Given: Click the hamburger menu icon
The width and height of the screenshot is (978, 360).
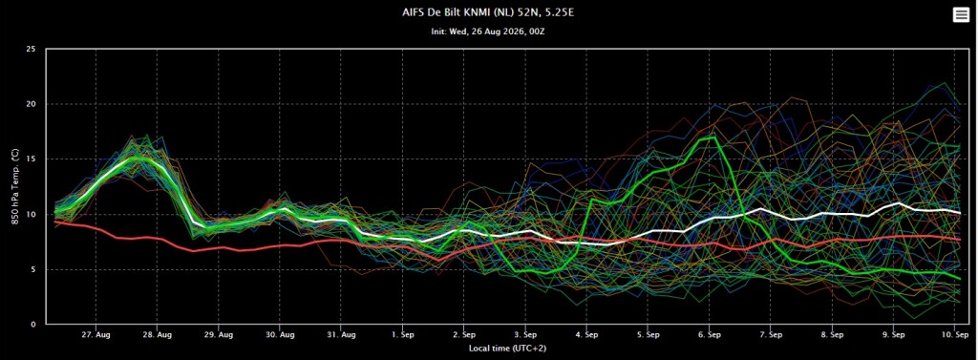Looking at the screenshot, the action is (x=961, y=15).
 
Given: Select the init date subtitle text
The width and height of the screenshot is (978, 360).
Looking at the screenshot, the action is (x=488, y=32).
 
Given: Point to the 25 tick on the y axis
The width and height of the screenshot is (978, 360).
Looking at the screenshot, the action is (x=32, y=50).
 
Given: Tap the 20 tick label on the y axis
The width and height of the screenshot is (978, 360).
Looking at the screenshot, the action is (x=32, y=104).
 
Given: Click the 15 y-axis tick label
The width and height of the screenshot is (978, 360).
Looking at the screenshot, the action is (x=32, y=159).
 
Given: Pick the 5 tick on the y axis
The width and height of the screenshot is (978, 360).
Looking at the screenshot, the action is (x=33, y=269).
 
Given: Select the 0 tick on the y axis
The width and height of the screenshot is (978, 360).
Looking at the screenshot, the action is (x=33, y=325).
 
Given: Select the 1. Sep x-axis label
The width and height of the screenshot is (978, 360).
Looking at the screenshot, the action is (x=403, y=335).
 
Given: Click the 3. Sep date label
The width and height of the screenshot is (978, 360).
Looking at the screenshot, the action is (x=526, y=335).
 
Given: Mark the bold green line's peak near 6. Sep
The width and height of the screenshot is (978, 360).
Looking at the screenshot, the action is (x=712, y=137).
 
